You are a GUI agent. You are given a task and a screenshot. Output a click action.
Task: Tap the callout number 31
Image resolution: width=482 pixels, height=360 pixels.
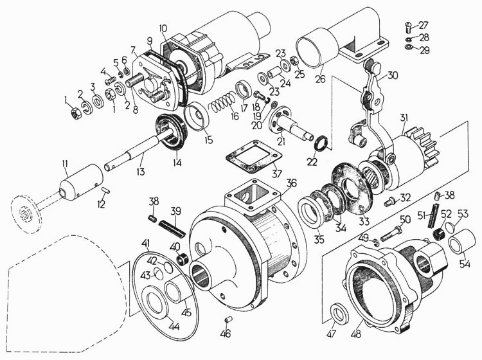(x=404, y=118)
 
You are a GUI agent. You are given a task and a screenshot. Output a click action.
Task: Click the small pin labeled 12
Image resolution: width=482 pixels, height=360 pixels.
(x=106, y=190)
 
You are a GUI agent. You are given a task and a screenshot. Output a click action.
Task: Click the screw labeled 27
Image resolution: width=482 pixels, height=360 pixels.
(x=406, y=28)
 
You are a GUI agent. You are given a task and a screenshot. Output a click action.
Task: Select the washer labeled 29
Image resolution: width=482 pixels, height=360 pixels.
(x=409, y=47)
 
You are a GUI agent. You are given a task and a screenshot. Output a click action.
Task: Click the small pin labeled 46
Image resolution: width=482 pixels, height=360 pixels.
(x=228, y=319)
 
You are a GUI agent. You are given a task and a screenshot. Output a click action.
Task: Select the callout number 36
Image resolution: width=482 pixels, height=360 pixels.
(x=291, y=183)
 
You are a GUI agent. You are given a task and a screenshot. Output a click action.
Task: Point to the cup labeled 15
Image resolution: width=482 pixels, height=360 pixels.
(x=197, y=117)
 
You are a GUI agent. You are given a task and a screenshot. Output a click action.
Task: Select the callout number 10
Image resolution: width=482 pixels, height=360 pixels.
(x=163, y=28)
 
